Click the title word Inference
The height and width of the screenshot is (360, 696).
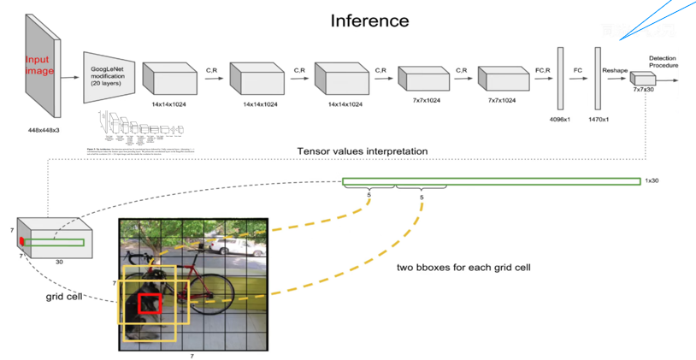(369, 20)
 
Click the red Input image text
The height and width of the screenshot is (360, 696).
(39, 66)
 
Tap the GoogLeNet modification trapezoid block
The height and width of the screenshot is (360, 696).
(108, 75)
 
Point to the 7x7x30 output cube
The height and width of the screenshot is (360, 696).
(641, 80)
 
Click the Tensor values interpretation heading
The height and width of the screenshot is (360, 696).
(363, 151)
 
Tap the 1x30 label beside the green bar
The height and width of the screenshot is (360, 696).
(652, 181)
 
